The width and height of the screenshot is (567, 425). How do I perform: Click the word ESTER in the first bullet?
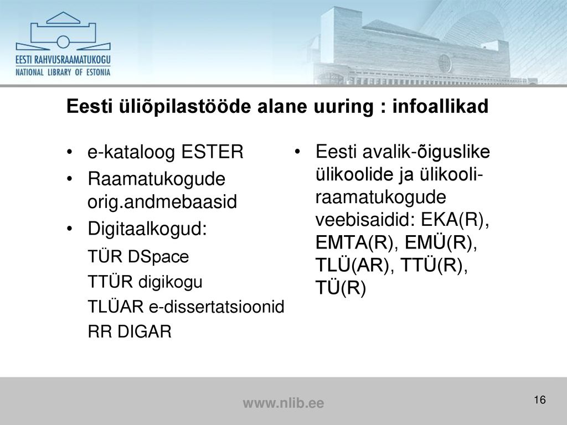coord(212,152)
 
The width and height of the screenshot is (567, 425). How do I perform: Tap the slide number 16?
coord(539,400)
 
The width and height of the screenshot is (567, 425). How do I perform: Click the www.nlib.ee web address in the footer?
coord(283,403)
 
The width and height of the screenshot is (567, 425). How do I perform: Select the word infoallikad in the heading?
coord(440,106)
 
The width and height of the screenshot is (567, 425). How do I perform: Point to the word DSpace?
coord(158,257)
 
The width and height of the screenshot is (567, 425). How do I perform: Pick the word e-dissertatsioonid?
coord(217,307)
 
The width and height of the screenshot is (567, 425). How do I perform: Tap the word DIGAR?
coord(145,331)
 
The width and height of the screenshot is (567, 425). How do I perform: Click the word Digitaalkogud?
coord(147,229)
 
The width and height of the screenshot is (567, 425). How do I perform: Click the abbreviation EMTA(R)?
coord(357,242)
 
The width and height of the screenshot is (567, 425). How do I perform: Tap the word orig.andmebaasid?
coord(162,201)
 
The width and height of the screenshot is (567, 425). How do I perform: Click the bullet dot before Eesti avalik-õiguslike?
coord(297,151)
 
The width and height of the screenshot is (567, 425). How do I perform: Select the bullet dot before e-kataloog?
coord(70,152)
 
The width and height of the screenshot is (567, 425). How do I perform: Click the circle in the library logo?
coord(63,42)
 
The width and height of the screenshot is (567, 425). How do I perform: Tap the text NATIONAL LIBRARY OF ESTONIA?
coord(63,72)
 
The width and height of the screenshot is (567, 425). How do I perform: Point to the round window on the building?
coord(445,63)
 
